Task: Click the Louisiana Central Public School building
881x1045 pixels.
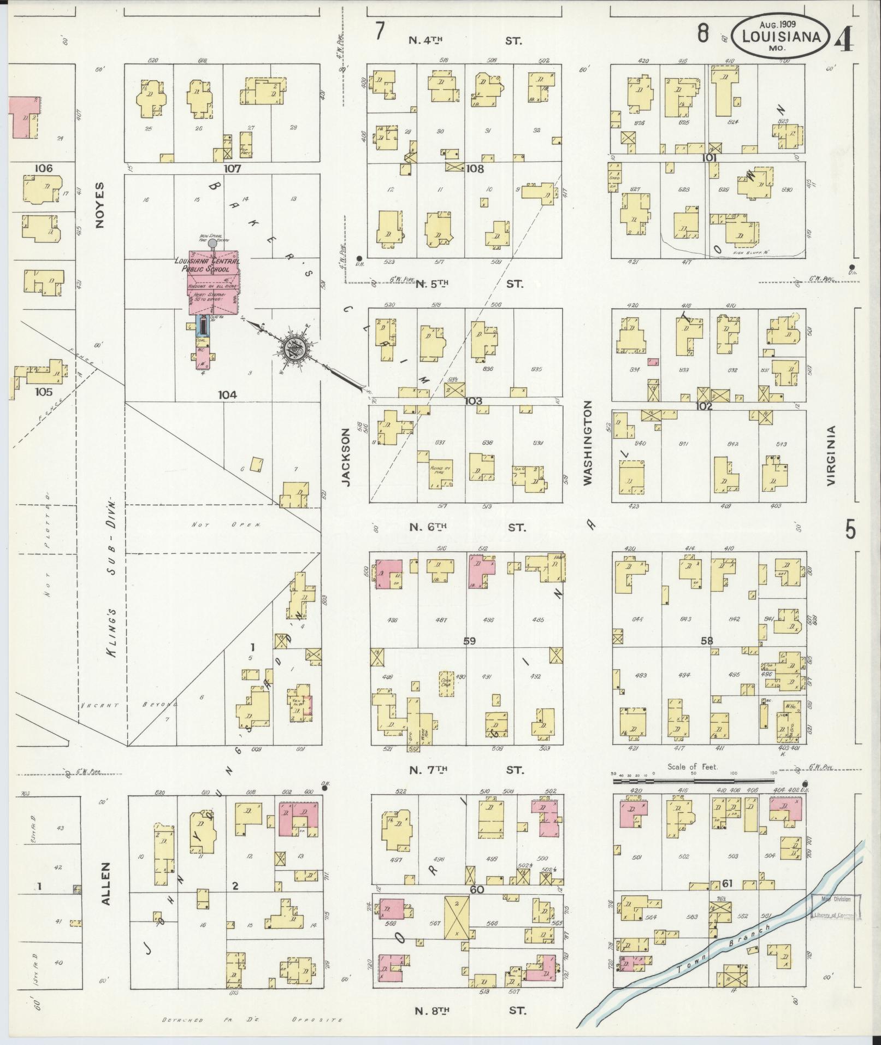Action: click(x=213, y=283)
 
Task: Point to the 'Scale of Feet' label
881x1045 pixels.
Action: click(x=693, y=767)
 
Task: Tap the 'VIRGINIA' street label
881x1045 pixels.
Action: click(x=831, y=456)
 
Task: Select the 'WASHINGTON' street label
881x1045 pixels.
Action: click(x=587, y=442)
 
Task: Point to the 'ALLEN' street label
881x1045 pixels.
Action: click(x=105, y=899)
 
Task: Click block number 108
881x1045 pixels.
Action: click(x=474, y=169)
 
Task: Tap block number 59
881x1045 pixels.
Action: click(x=469, y=641)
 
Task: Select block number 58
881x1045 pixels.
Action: click(x=707, y=641)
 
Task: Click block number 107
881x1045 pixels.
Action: click(x=233, y=169)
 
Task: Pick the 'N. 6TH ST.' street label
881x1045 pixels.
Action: click(x=467, y=528)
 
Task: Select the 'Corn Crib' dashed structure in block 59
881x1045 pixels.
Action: click(x=446, y=684)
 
